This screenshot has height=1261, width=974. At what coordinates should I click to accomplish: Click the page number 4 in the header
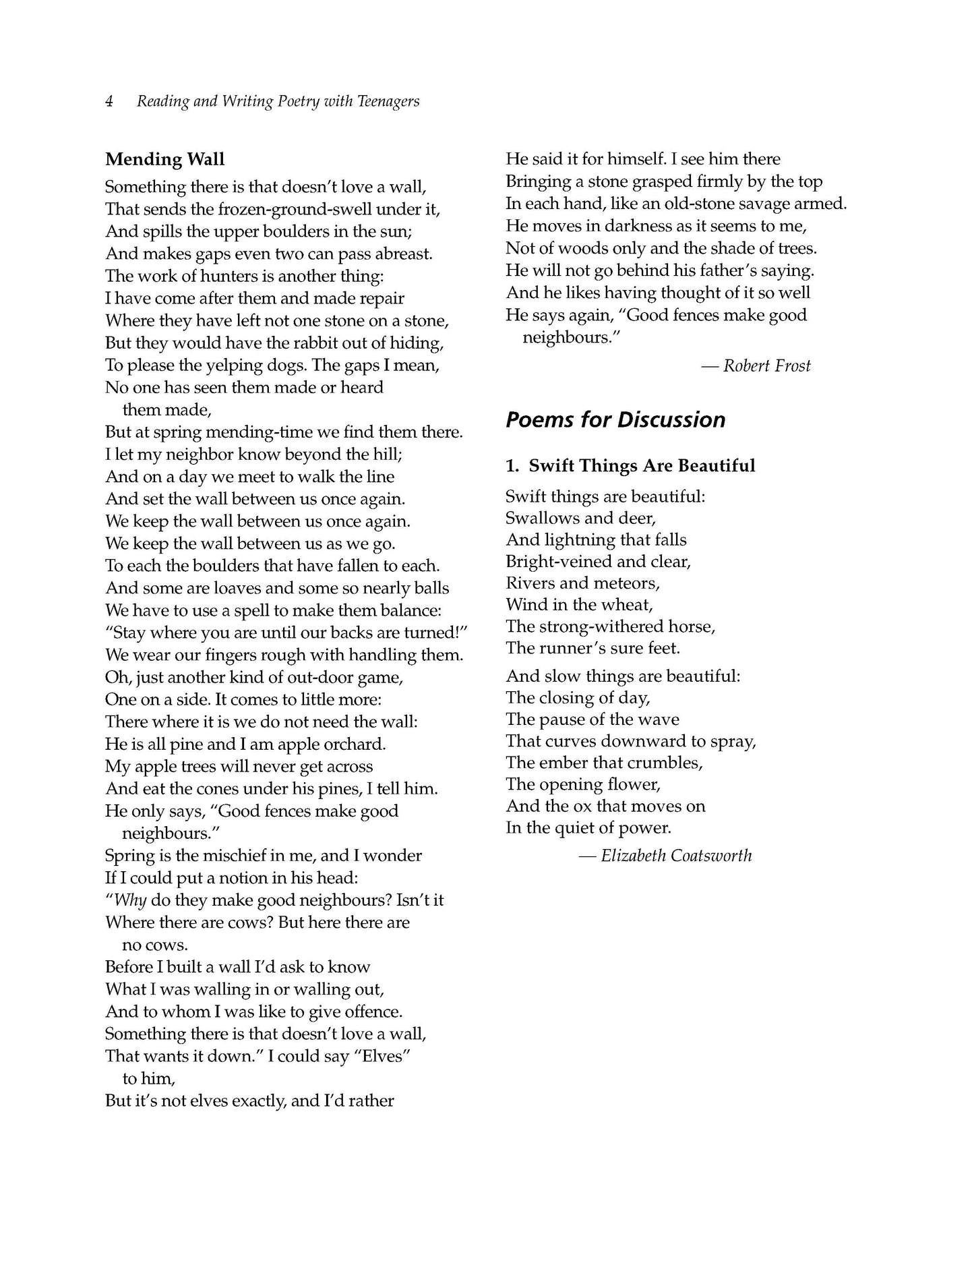pos(109,102)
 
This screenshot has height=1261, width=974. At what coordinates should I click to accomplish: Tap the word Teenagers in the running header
pos(388,102)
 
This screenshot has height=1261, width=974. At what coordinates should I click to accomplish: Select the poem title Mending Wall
pos(164,160)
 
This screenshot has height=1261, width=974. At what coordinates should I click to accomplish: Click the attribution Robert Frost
pos(766,366)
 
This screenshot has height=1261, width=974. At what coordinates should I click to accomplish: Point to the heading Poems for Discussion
pos(615,419)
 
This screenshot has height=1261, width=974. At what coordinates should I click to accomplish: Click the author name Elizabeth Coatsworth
pos(675,856)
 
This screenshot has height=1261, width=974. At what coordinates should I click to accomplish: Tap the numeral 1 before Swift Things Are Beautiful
pos(511,466)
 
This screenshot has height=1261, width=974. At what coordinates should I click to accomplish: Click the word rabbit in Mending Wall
pos(295,343)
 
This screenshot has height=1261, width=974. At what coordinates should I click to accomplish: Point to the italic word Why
pos(130,901)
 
